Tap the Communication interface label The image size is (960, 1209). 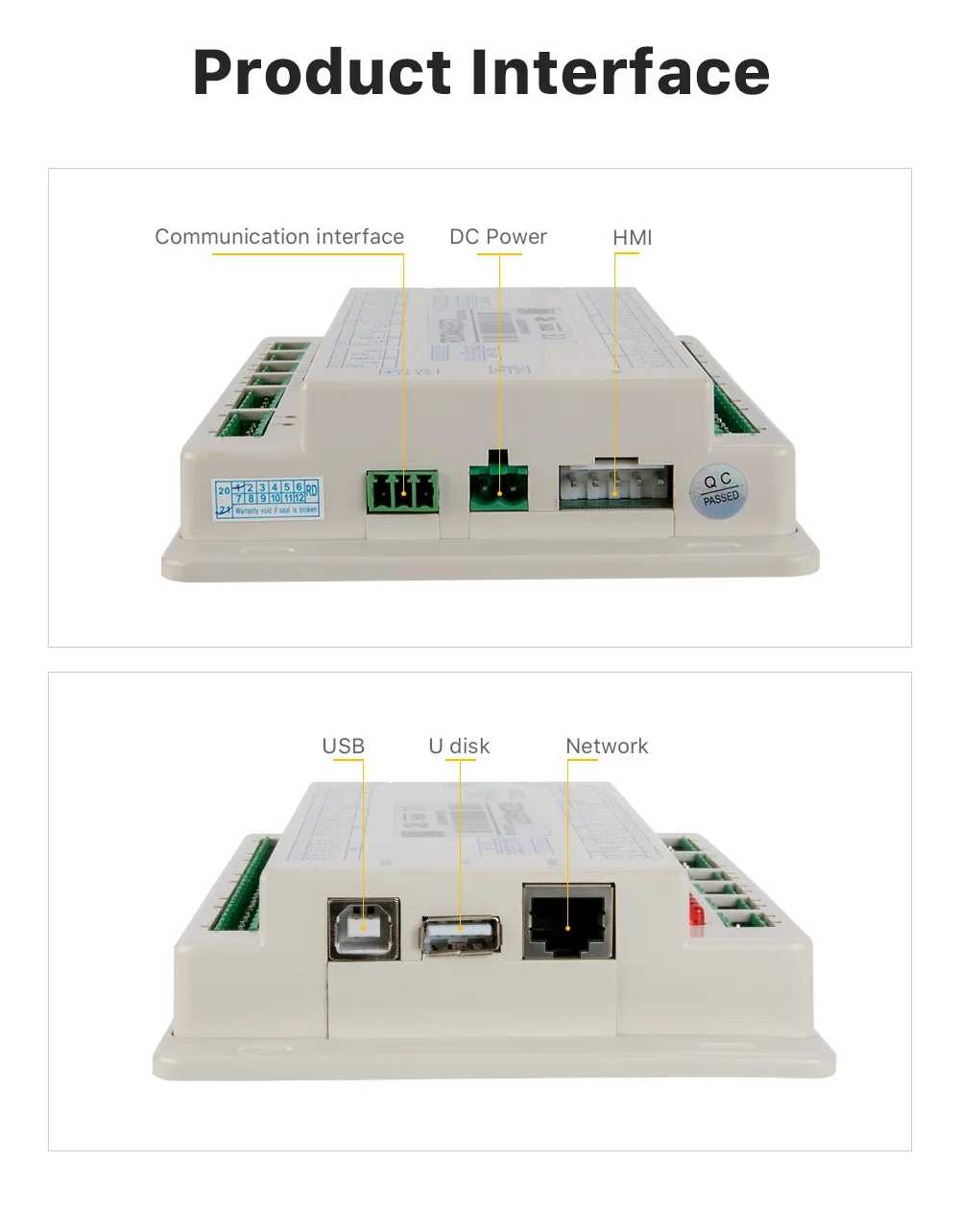[x=279, y=237]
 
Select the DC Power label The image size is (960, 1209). [x=498, y=237]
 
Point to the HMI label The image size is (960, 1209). [x=633, y=237]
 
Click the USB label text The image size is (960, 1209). [x=343, y=747]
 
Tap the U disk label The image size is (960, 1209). [x=459, y=747]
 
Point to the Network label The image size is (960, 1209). [x=607, y=747]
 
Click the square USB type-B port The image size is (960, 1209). [x=364, y=928]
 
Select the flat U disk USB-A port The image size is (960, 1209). [x=461, y=936]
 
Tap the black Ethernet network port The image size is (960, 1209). [x=568, y=922]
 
